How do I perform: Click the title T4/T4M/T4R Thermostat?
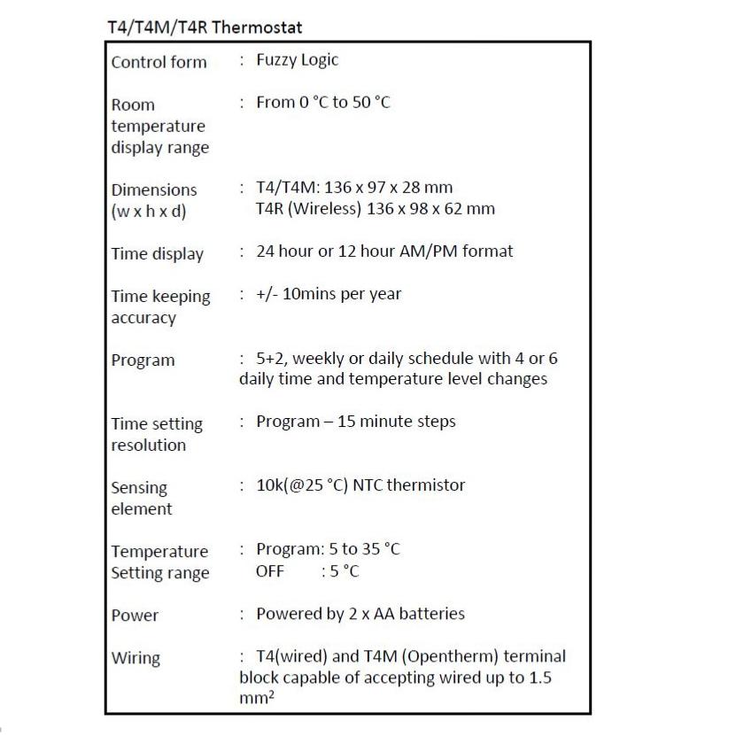click(204, 27)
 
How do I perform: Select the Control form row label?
click(159, 62)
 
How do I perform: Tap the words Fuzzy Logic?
click(297, 60)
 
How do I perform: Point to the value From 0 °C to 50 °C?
click(322, 103)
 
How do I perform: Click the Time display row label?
click(157, 254)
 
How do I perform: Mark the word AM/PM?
click(428, 252)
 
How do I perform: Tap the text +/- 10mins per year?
click(328, 293)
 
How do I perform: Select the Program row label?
click(143, 360)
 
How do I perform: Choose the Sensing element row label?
click(141, 498)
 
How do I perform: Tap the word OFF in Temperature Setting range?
click(270, 571)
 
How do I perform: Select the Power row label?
click(135, 615)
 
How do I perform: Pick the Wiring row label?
click(136, 658)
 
